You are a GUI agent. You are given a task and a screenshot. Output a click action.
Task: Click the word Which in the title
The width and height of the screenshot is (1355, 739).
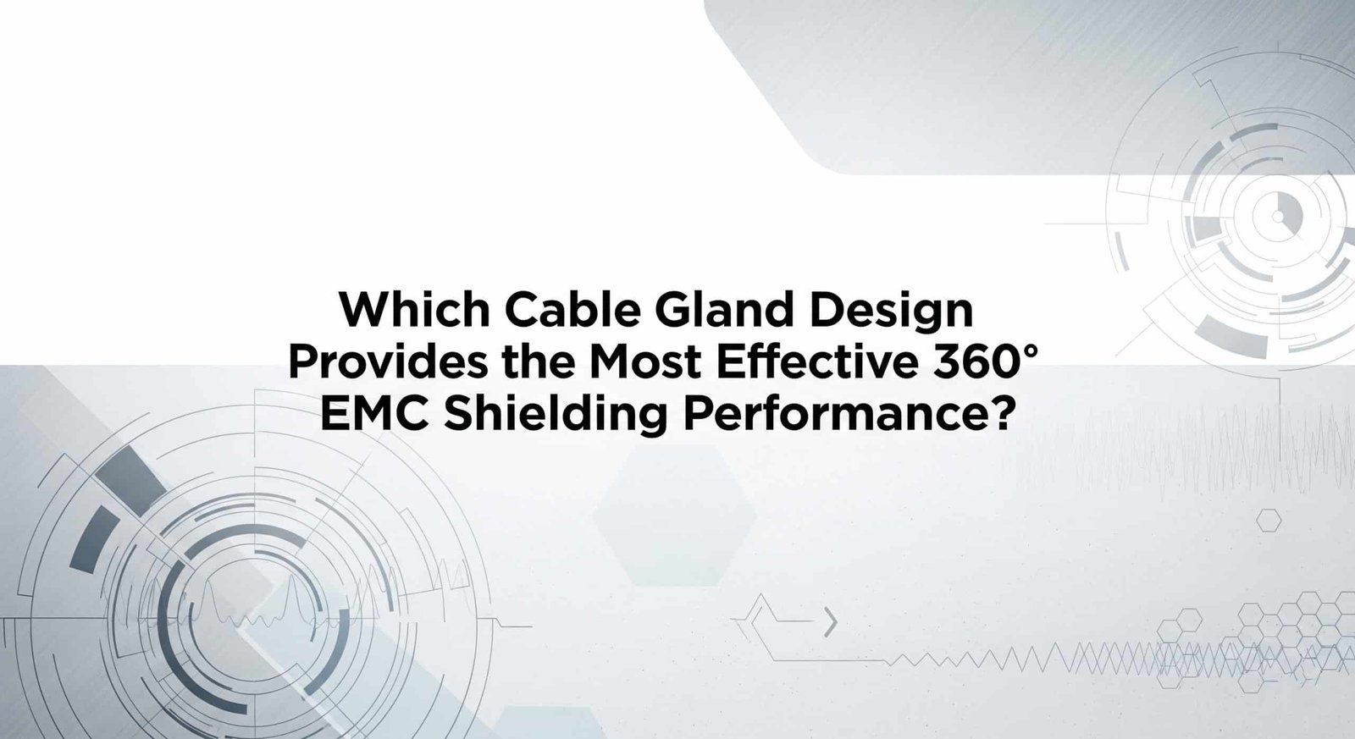pos(414,309)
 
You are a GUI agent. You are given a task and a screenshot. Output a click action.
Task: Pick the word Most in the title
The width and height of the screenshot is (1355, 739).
pos(645,362)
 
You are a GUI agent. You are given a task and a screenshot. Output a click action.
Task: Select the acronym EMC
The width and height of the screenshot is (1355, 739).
pos(374,414)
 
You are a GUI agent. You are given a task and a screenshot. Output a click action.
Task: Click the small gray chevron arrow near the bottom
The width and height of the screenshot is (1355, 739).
pos(831,624)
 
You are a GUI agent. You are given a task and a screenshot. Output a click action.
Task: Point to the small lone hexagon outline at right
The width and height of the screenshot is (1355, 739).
pos(1269,520)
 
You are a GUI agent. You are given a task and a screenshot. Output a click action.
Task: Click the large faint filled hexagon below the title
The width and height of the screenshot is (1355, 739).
pos(674,516)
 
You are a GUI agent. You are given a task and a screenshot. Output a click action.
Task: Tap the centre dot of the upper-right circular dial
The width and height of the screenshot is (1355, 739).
pos(1278,216)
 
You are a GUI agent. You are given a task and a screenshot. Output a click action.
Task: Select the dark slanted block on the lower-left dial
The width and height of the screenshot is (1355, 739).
pos(131,482)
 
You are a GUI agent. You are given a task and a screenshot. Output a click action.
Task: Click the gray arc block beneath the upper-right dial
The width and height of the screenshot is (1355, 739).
pos(1232,335)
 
